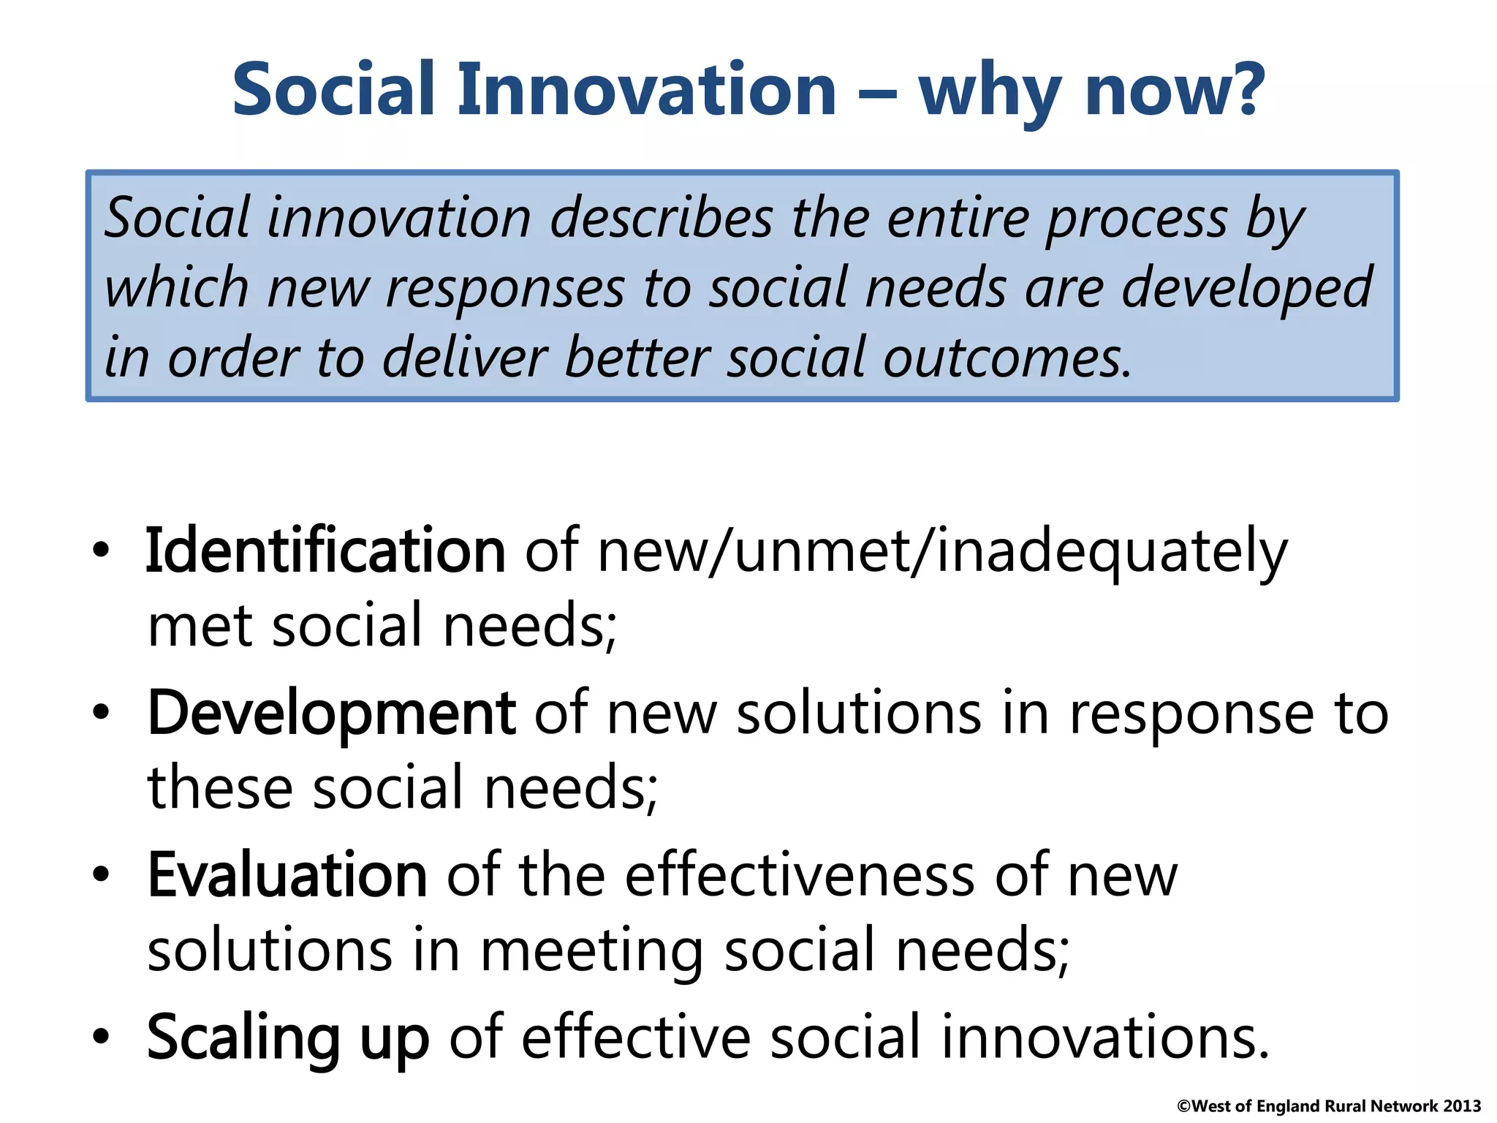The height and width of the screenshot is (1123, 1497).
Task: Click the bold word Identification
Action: click(325, 552)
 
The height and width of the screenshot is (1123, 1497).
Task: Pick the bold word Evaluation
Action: click(287, 876)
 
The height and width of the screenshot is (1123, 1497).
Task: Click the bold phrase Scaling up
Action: click(288, 1038)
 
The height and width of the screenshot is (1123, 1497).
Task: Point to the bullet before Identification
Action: click(101, 551)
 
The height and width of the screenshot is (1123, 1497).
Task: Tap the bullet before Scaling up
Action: click(101, 1037)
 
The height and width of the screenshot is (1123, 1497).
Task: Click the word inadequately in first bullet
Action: click(1111, 552)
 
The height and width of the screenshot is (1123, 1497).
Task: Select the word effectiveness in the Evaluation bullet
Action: click(800, 876)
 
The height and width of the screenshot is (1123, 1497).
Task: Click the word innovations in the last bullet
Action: click(1104, 1038)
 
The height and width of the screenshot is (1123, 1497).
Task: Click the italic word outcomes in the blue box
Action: click(1007, 358)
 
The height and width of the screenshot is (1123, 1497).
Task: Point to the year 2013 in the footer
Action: click(1462, 1106)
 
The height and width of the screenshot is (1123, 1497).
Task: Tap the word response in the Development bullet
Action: click(1191, 715)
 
